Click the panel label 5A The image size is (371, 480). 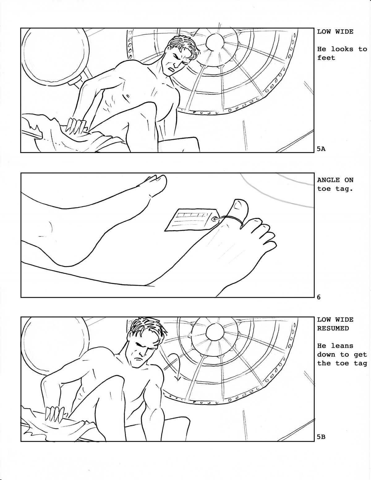point(321,149)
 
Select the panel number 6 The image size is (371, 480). point(319,297)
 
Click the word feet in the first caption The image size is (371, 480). point(326,58)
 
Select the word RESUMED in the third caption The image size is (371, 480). point(333,328)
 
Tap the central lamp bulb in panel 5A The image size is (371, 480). point(215,42)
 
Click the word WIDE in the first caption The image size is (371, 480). point(344,32)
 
